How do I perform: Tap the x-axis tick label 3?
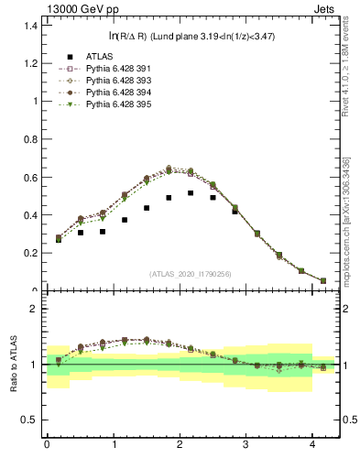(246, 444)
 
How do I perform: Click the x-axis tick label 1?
(114, 444)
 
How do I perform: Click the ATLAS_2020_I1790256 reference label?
(191, 274)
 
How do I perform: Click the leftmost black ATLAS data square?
(59, 238)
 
